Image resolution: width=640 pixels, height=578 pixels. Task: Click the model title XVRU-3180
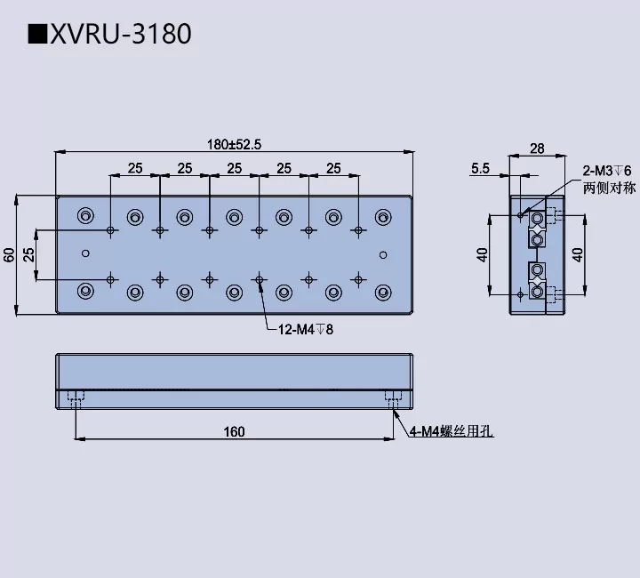(x=120, y=34)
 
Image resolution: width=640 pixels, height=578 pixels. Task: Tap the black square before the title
(x=37, y=35)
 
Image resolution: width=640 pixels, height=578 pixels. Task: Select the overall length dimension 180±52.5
(x=235, y=145)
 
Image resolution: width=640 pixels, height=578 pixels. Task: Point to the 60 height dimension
(x=9, y=255)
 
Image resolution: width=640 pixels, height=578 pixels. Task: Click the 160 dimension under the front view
(x=234, y=432)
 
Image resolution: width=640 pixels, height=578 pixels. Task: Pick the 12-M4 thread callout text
(x=305, y=330)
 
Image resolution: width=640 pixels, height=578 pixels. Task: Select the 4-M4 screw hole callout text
(x=451, y=432)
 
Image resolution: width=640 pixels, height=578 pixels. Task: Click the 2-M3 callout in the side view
(x=606, y=170)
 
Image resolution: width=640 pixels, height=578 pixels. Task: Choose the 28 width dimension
(x=536, y=149)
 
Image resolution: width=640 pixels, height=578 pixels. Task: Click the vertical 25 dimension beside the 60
(x=28, y=255)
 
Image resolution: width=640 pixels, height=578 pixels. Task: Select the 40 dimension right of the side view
(x=579, y=255)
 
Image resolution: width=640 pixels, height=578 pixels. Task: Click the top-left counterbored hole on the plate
(x=85, y=215)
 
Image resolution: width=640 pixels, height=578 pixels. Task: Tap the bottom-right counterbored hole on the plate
(x=383, y=291)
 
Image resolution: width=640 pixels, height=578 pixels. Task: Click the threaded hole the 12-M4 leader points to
(x=259, y=280)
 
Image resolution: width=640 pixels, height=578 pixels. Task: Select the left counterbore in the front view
(x=76, y=397)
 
